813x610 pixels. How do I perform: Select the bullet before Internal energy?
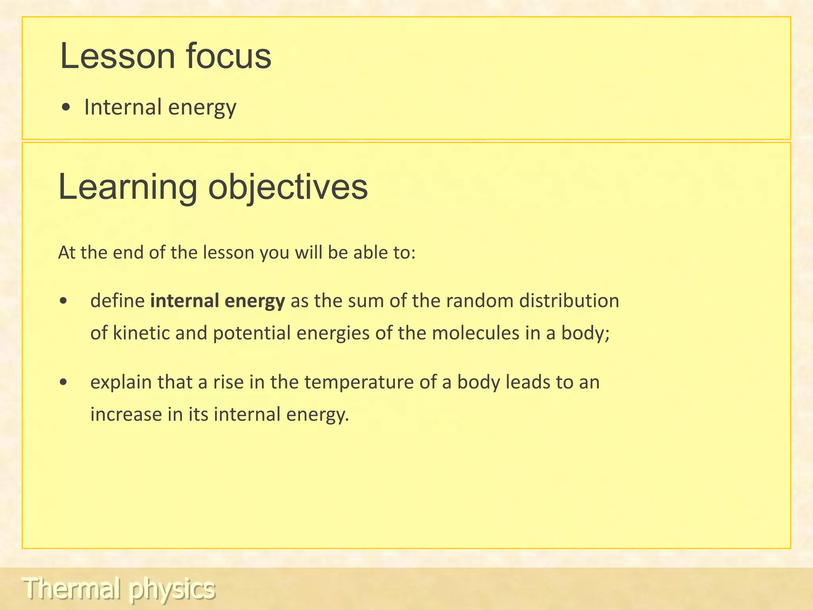pos(67,108)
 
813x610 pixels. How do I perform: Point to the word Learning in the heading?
pos(127,187)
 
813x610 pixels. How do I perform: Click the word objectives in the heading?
pos(288,187)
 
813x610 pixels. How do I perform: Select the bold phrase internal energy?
pos(218,301)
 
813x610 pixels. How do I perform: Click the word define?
pos(118,301)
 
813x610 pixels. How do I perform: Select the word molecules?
pos(475,333)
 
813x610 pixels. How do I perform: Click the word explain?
pos(121,382)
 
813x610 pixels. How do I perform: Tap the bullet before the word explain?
pos(63,382)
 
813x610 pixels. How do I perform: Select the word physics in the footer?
pos(171,589)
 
